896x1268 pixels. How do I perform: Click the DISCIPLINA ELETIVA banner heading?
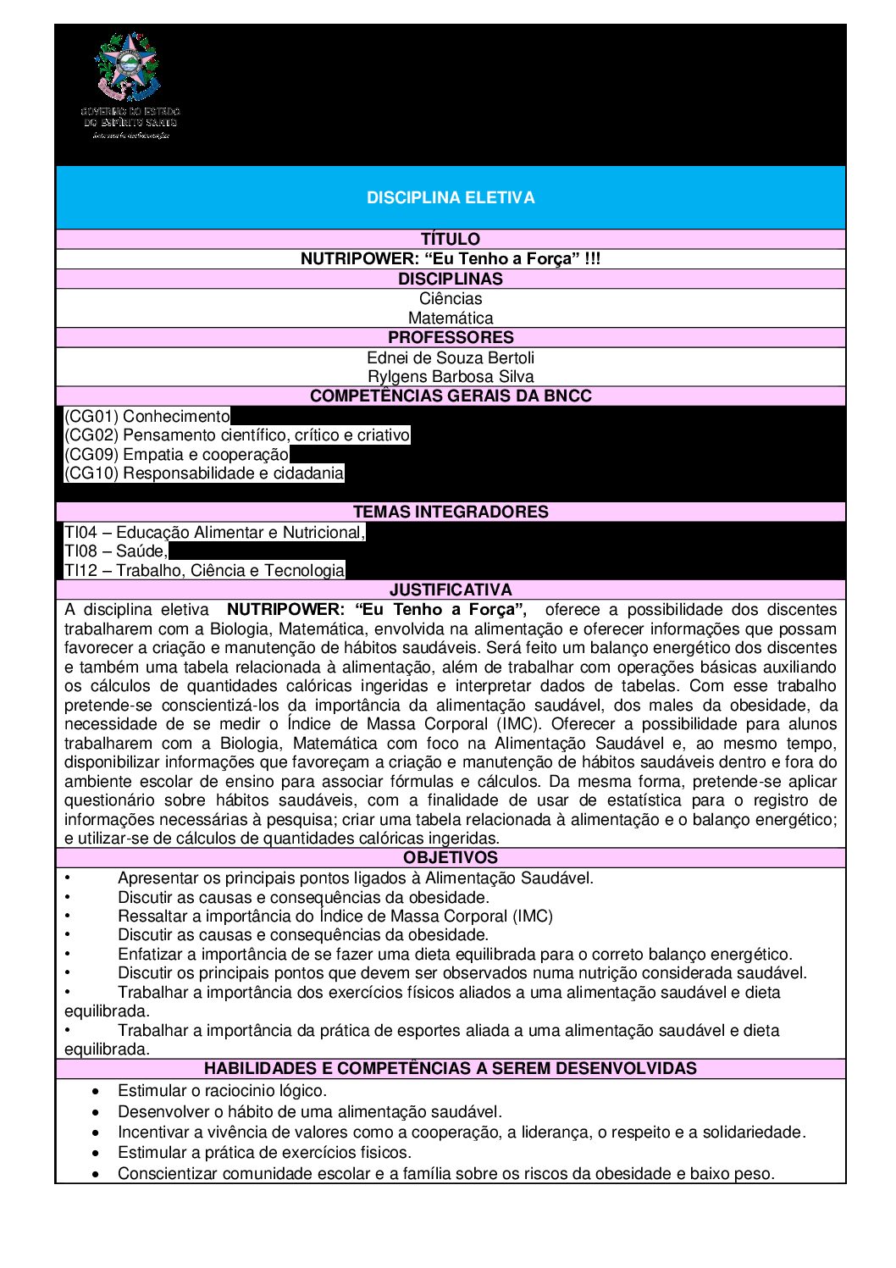click(451, 197)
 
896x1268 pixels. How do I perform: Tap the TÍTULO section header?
click(451, 239)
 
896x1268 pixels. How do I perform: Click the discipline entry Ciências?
click(451, 298)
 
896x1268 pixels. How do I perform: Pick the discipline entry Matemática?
click(451, 318)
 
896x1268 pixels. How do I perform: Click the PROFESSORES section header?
click(451, 337)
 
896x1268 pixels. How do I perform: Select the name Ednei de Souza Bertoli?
click(451, 357)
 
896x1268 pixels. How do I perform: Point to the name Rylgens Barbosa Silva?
click(451, 376)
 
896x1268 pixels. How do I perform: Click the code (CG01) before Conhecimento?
click(91, 416)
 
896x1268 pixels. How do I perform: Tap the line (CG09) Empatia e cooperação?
click(176, 454)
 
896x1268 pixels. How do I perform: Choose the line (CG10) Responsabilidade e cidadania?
click(204, 473)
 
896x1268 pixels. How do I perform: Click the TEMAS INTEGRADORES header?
click(451, 512)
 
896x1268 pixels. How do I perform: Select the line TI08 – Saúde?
click(116, 551)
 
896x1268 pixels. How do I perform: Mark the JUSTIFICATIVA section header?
click(451, 590)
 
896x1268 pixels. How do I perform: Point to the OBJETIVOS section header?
click(451, 857)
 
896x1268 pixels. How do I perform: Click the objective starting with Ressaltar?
click(335, 916)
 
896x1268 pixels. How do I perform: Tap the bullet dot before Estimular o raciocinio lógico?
click(97, 1091)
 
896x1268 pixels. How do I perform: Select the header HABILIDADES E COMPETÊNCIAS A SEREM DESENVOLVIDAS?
click(451, 1068)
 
